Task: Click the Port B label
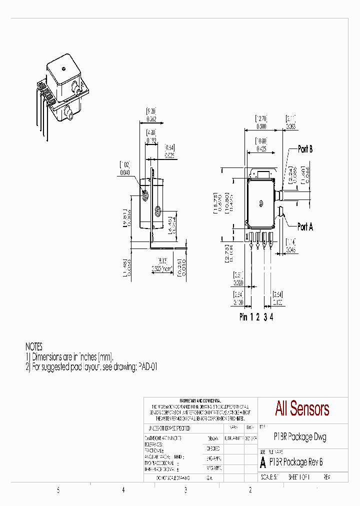point(305,149)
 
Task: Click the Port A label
point(305,226)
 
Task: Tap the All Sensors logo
point(302,408)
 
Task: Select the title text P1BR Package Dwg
point(300,436)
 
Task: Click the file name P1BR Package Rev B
point(296,462)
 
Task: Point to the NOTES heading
point(34,346)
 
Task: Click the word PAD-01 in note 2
point(148,366)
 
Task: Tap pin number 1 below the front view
point(251,317)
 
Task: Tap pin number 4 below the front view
point(271,317)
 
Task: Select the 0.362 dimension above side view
point(151,119)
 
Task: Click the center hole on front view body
point(261,203)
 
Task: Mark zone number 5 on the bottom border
point(58,490)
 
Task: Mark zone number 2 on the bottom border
point(250,490)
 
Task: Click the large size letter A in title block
point(263,463)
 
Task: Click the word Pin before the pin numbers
point(243,317)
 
